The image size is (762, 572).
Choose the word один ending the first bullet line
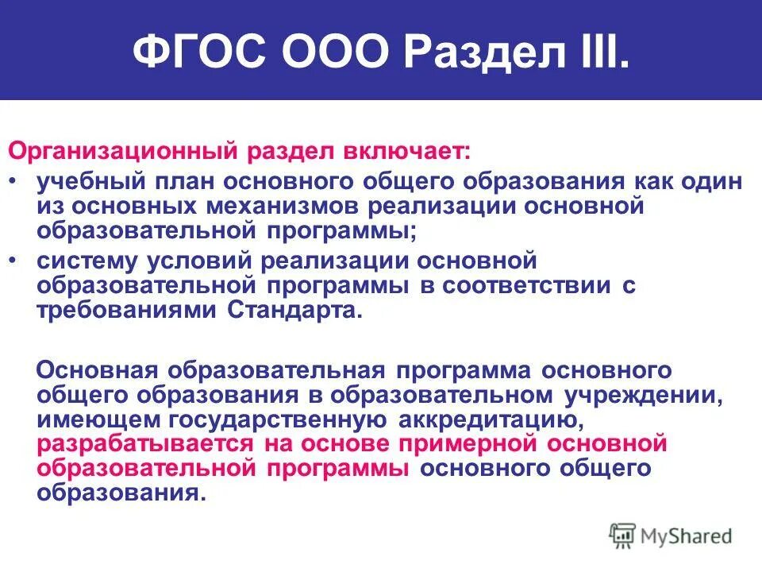[x=709, y=180]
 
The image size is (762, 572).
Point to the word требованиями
[x=116, y=311]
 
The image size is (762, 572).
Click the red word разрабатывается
[x=145, y=443]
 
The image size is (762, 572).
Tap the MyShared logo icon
[x=622, y=535]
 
